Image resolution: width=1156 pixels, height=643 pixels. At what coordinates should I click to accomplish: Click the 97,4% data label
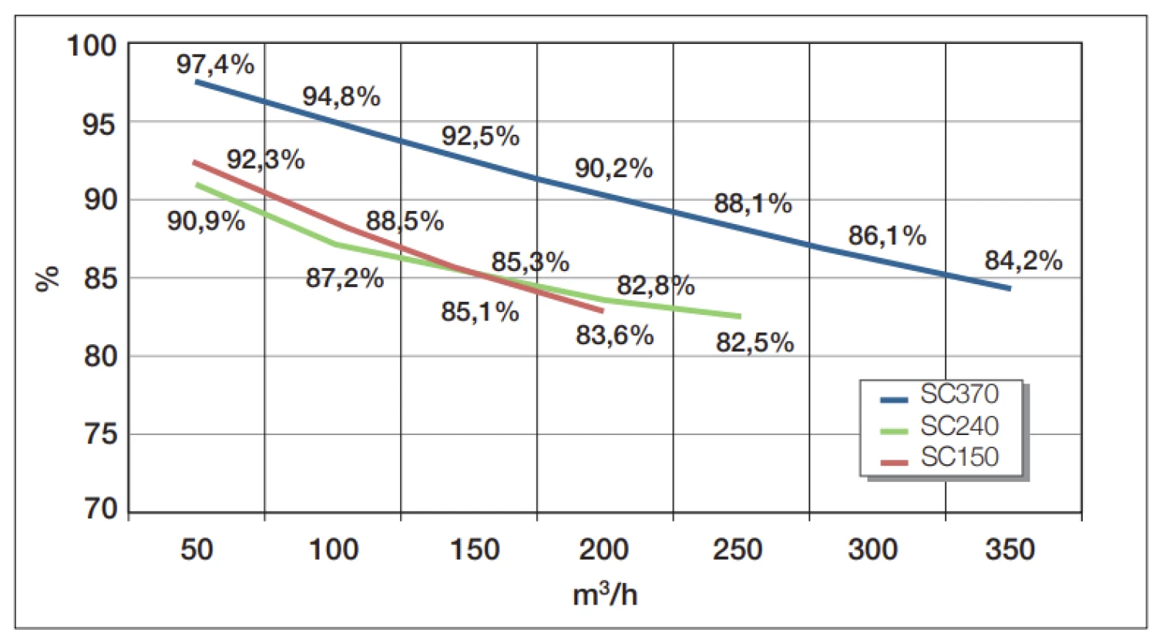pyautogui.click(x=215, y=65)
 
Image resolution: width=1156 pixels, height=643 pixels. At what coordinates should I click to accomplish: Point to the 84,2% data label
pyautogui.click(x=1023, y=261)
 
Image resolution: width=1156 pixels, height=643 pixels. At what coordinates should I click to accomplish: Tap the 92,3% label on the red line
pyautogui.click(x=265, y=160)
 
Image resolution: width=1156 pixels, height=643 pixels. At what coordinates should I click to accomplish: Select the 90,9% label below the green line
pyautogui.click(x=206, y=222)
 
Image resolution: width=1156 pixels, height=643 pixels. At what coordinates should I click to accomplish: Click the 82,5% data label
pyautogui.click(x=754, y=342)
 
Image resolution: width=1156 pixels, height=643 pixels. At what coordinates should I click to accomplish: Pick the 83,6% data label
pyautogui.click(x=614, y=336)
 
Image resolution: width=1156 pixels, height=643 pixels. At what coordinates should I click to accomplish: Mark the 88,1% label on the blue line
pyautogui.click(x=752, y=204)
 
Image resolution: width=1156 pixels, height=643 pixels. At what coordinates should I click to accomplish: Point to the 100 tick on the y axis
pyautogui.click(x=91, y=45)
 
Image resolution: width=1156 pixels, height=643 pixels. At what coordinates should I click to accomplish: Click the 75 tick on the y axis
pyautogui.click(x=100, y=434)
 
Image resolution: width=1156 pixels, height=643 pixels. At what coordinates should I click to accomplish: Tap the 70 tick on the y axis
pyautogui.click(x=100, y=509)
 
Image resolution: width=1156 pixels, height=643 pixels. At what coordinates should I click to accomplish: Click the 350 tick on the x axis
pyautogui.click(x=1010, y=550)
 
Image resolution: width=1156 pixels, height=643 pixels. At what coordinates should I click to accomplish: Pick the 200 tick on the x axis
pyautogui.click(x=603, y=550)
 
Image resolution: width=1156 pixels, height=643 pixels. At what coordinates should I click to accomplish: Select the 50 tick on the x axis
pyautogui.click(x=197, y=550)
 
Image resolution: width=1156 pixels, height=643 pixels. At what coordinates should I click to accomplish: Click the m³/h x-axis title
pyautogui.click(x=605, y=594)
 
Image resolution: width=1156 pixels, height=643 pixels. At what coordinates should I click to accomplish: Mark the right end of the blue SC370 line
pyautogui.click(x=1010, y=289)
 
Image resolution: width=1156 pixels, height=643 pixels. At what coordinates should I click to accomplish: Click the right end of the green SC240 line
pyautogui.click(x=740, y=316)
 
